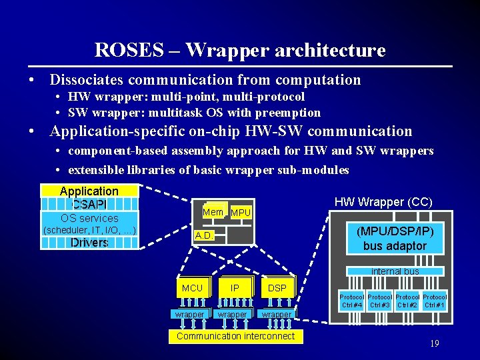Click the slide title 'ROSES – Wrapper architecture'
(x=240, y=50)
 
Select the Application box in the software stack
(x=89, y=191)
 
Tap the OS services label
(x=89, y=218)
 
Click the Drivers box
(x=89, y=243)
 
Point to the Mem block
(x=213, y=211)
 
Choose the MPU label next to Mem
(x=241, y=213)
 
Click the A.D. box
(x=204, y=236)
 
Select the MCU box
(x=192, y=288)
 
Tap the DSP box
(x=277, y=288)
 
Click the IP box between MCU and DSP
(x=235, y=288)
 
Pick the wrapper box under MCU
(x=190, y=314)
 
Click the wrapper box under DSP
(x=276, y=314)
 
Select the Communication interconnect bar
(x=235, y=336)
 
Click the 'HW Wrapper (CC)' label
(x=383, y=202)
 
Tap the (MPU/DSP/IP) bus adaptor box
(x=395, y=239)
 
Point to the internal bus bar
(x=395, y=271)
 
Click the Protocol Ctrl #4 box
(x=351, y=301)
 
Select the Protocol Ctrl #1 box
(x=435, y=301)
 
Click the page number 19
(x=434, y=344)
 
